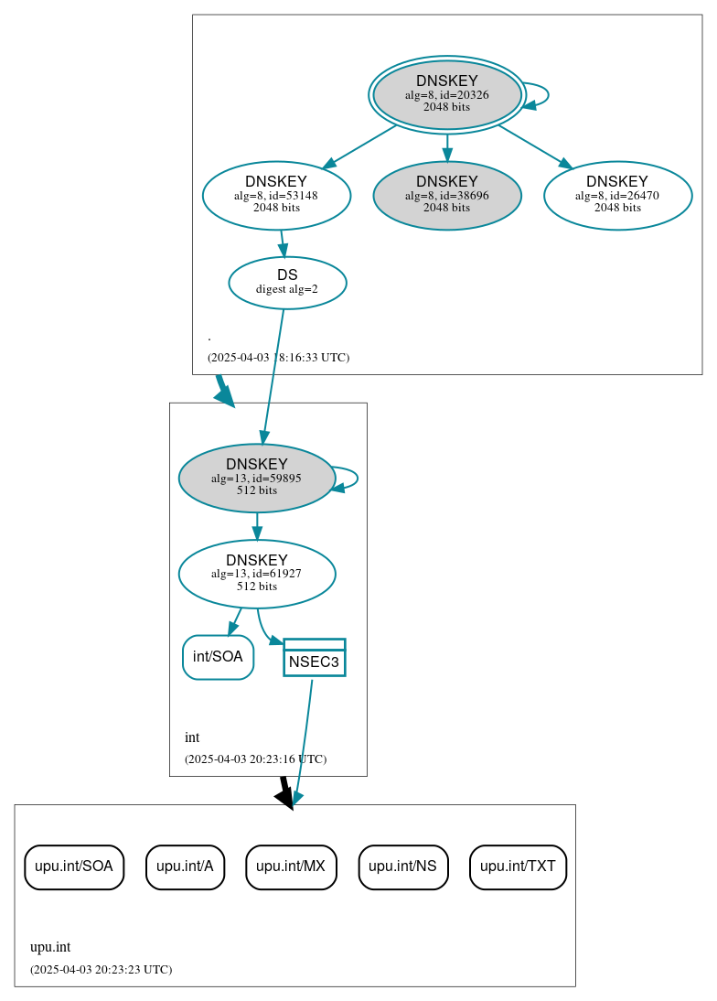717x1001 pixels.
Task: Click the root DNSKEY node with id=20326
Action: [446, 94]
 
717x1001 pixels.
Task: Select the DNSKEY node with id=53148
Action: [276, 195]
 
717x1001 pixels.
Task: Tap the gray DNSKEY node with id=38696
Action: [446, 195]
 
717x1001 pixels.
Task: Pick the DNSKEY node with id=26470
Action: [617, 195]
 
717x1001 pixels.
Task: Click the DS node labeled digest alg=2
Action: [287, 283]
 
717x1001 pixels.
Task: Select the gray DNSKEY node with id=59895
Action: [256, 478]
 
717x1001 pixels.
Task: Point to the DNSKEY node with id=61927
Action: [256, 574]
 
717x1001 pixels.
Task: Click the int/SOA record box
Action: [218, 657]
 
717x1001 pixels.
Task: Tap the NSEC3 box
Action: [314, 658]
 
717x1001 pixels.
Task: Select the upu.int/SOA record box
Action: [73, 866]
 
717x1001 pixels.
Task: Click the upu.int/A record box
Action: [185, 866]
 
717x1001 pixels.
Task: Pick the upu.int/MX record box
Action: [291, 866]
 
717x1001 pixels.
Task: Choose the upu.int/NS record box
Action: [402, 866]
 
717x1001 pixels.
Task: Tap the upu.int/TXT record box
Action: [518, 866]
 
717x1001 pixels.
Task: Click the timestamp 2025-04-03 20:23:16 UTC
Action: [255, 759]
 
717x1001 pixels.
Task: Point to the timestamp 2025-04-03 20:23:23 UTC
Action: [101, 969]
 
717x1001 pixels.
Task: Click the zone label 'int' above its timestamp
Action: [192, 737]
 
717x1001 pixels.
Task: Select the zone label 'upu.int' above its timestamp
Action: [50, 947]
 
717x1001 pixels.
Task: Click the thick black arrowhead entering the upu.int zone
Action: [285, 797]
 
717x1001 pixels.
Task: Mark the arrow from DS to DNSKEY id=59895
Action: [273, 376]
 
